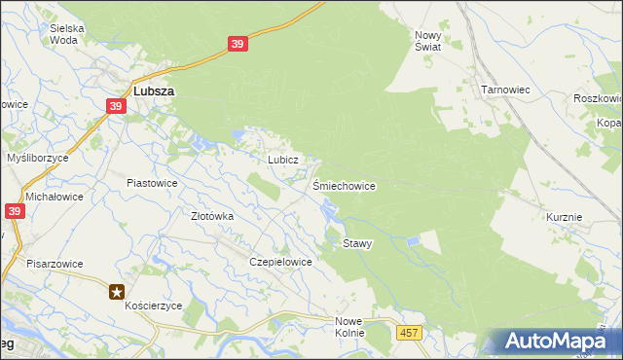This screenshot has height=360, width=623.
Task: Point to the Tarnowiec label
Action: pyautogui.click(x=504, y=90)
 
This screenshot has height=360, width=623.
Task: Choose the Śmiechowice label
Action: pyautogui.click(x=344, y=185)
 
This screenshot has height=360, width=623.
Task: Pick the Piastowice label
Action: pyautogui.click(x=152, y=182)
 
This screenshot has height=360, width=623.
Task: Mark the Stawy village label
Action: pyautogui.click(x=357, y=243)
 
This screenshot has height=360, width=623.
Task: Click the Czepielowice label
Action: pyautogui.click(x=280, y=262)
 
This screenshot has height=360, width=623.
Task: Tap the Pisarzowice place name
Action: pyautogui.click(x=55, y=264)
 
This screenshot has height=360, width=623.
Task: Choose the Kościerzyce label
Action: pyautogui.click(x=154, y=305)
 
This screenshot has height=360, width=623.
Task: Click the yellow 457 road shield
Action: pyautogui.click(x=409, y=334)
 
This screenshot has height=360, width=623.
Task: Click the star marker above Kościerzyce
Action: pyautogui.click(x=117, y=290)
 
